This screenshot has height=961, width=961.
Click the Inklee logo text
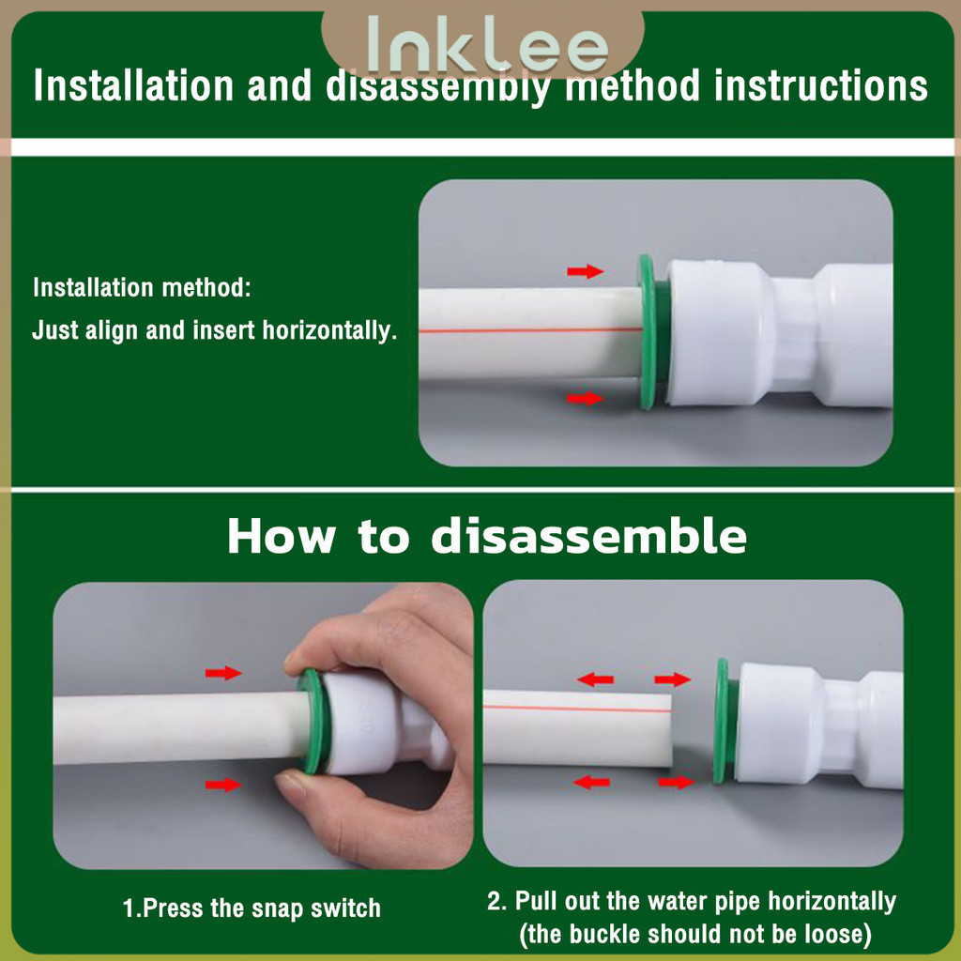(x=487, y=44)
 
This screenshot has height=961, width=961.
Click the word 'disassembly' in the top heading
(x=436, y=86)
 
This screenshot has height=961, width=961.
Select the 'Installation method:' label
(x=143, y=287)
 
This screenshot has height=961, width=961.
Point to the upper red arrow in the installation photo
(x=586, y=271)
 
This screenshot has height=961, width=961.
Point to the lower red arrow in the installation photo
(x=586, y=398)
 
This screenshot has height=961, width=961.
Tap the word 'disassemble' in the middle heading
(x=589, y=536)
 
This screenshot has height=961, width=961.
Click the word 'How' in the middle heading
(x=282, y=536)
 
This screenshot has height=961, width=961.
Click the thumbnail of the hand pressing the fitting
(x=263, y=725)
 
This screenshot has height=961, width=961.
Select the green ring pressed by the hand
(x=312, y=721)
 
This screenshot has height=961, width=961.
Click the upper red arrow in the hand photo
(x=223, y=673)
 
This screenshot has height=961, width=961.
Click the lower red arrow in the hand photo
(x=223, y=785)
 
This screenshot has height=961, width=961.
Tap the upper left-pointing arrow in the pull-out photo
(x=595, y=679)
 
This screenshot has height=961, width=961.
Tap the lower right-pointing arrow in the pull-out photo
(x=676, y=782)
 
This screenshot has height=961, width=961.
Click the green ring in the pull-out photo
(x=722, y=721)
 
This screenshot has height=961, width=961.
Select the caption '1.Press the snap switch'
(x=252, y=908)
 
